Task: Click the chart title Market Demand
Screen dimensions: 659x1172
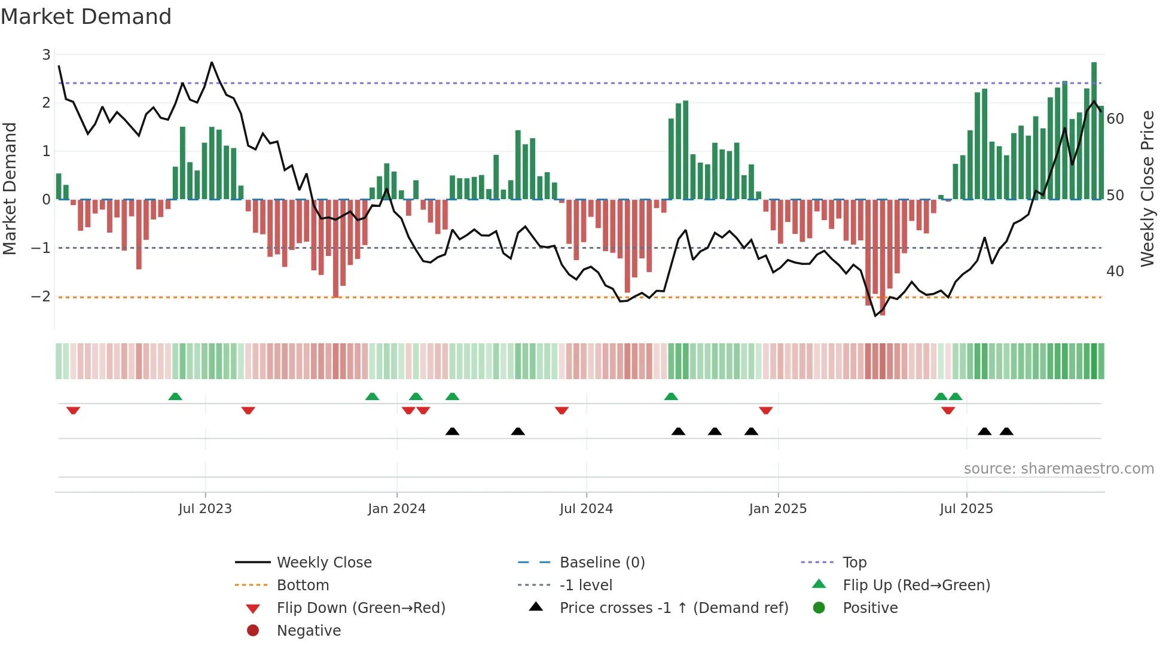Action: (86, 17)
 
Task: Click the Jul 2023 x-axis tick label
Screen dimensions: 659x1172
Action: (205, 509)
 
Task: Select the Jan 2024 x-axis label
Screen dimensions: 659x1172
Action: (396, 509)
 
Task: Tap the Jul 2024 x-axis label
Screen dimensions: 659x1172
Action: (586, 509)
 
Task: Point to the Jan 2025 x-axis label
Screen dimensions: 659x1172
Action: (777, 509)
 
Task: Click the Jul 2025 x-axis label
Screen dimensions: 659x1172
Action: (966, 509)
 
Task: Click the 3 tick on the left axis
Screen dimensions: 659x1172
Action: (46, 55)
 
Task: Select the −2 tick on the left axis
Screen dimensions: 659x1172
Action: (41, 297)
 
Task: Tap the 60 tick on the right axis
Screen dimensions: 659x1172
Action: (1115, 119)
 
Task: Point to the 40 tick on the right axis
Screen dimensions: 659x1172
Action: (1115, 271)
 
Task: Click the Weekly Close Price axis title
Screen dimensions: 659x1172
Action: (1147, 188)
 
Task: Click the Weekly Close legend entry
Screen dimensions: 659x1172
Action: (324, 563)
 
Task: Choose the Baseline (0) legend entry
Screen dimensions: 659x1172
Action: (602, 563)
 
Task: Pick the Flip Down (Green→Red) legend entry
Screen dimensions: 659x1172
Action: (361, 608)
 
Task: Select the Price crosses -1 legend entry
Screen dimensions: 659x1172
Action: (674, 608)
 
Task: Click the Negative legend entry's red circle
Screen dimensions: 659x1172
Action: (253, 631)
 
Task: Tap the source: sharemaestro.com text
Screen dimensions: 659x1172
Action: (1058, 469)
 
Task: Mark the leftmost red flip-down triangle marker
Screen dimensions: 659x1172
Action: (73, 410)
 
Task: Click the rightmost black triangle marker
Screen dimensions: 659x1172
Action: (1006, 431)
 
